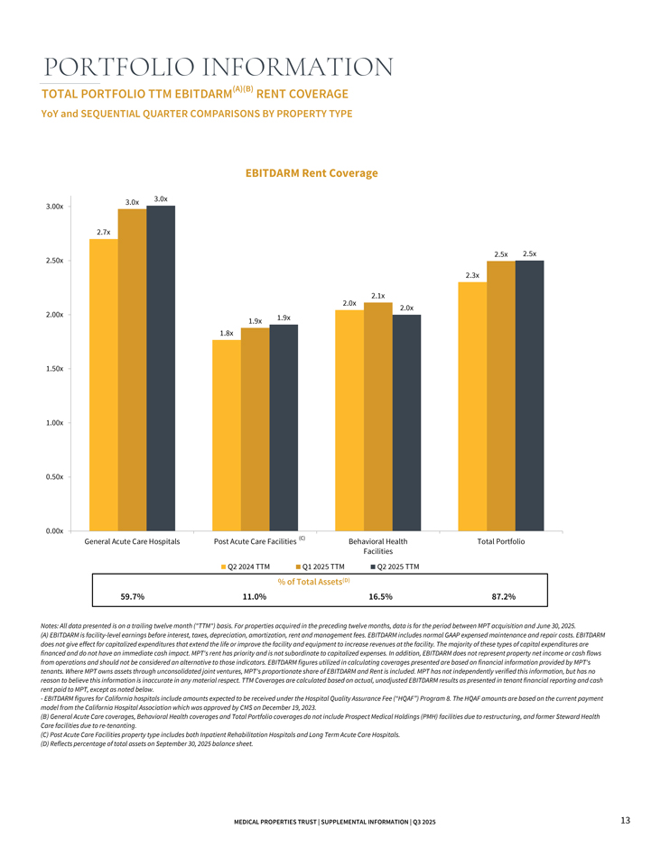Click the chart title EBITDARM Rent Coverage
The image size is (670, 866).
[312, 172]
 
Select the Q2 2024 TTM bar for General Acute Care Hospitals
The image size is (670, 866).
[103, 384]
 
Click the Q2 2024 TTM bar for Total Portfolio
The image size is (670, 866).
[472, 406]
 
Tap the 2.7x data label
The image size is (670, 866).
[103, 232]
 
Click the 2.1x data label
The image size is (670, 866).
[378, 295]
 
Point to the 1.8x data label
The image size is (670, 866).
[227, 333]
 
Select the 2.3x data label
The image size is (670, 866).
[472, 275]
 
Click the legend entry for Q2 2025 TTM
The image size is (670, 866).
[396, 567]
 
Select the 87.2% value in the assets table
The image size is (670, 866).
[502, 596]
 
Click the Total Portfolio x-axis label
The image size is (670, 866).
[500, 541]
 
